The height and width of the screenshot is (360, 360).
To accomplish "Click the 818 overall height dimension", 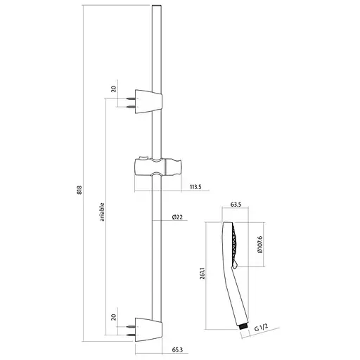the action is coord(79,190).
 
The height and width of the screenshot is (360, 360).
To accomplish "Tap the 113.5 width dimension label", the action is coord(195,187).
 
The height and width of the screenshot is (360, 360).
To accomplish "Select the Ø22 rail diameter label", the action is coord(177,217).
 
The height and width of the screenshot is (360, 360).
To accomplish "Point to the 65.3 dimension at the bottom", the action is coord(177,350).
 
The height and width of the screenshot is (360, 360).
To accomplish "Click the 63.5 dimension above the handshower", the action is coord(236,205).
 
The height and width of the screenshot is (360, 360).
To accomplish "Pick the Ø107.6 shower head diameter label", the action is coord(260,245).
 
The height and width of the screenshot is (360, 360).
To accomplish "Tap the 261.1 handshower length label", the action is coord(202,274).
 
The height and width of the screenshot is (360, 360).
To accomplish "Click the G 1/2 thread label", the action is coord(261,327).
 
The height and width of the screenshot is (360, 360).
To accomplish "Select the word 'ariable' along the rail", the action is coord(102,212).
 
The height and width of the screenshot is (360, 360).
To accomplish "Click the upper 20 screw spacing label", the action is coord(114,89).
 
